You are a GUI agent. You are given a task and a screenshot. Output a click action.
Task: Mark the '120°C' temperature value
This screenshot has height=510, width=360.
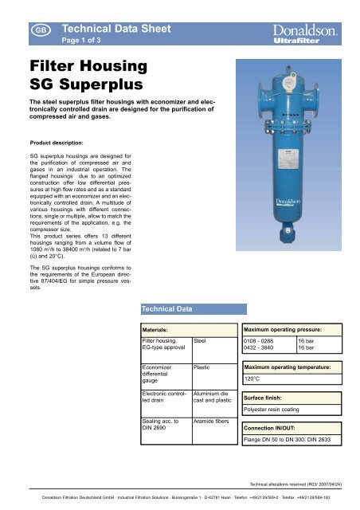254,379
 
